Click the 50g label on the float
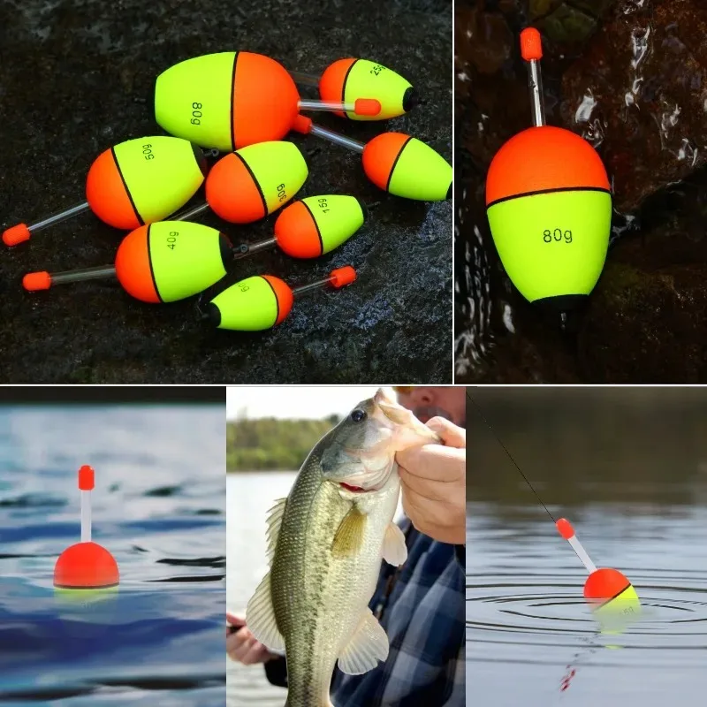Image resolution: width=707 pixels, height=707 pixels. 148,152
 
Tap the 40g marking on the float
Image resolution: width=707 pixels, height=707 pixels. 172,240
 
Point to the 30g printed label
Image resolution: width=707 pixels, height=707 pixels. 280,192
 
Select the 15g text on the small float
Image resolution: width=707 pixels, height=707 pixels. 324,206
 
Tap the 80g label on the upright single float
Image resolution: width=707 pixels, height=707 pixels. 557,236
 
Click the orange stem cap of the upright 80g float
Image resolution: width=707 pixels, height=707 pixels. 531,43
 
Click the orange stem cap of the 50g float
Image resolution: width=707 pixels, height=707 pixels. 16,234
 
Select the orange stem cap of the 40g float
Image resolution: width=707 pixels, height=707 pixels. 36,281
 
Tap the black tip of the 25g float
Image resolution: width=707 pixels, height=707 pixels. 409,99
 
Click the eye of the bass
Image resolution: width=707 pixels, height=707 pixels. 358,415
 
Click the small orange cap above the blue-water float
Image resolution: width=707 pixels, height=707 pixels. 86,477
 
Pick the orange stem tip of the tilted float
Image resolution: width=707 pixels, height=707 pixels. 564,528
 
